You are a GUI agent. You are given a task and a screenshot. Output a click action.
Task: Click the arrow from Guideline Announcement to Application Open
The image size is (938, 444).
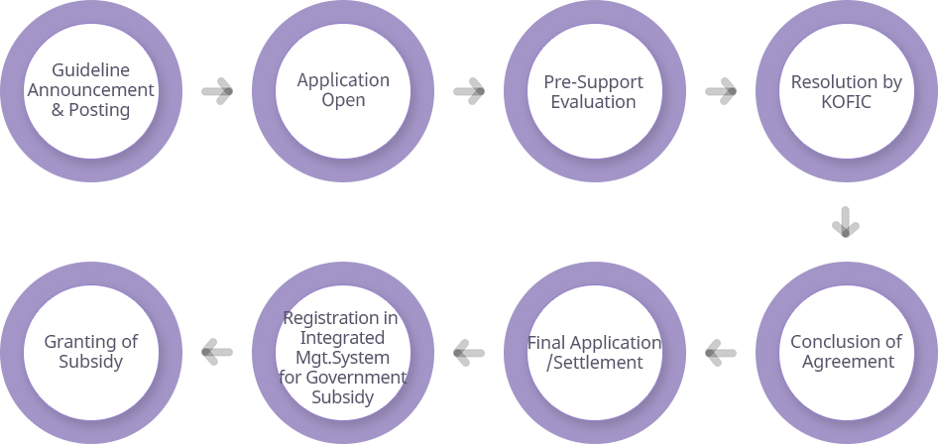pyautogui.click(x=217, y=92)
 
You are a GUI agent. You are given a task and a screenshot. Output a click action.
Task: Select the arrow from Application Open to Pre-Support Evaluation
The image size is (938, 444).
pyautogui.click(x=469, y=92)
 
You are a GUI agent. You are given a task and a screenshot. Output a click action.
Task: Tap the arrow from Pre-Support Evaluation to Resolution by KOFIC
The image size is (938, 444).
pyautogui.click(x=721, y=92)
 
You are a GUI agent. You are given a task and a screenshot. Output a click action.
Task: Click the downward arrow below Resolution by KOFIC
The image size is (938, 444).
pyautogui.click(x=846, y=222)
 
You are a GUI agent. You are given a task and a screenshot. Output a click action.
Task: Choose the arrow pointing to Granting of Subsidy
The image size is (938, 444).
pyautogui.click(x=217, y=351)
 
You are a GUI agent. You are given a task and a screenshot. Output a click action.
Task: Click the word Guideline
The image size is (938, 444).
pyautogui.click(x=91, y=70)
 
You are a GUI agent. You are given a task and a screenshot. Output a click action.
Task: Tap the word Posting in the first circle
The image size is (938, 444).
pyautogui.click(x=99, y=110)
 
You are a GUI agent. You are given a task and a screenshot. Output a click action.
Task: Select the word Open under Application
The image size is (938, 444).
pyautogui.click(x=343, y=100)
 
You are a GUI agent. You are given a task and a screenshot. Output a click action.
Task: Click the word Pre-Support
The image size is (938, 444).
pyautogui.click(x=594, y=81)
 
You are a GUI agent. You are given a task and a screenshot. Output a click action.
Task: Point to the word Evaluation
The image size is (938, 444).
pyautogui.click(x=594, y=101)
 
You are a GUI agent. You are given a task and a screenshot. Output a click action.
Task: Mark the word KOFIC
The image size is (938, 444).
pyautogui.click(x=846, y=101)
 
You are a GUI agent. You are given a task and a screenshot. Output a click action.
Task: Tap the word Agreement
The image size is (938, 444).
pyautogui.click(x=846, y=362)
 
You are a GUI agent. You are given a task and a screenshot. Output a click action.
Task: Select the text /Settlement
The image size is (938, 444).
pyautogui.click(x=595, y=362)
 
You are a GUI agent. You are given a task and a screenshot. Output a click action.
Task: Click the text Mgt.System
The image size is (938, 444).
pyautogui.click(x=343, y=357)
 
